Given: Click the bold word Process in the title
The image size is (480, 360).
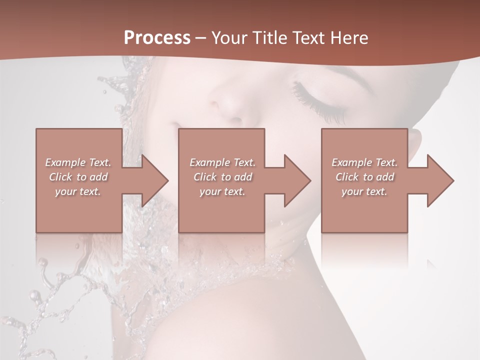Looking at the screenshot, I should tap(157, 38).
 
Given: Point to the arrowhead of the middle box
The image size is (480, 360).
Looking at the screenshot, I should tap(296, 181).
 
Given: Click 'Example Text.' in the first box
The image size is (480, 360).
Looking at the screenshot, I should tap(78, 162).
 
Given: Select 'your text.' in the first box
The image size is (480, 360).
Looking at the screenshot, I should tap(78, 191).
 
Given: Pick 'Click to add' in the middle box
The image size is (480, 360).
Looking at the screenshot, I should tap(222, 177).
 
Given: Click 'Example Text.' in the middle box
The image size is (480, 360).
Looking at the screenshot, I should tap(222, 162).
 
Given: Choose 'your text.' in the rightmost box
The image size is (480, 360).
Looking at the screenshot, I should tap(364, 191).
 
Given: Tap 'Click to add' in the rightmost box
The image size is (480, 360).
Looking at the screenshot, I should tap(364, 177).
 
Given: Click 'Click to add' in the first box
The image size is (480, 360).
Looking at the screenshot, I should tap(78, 177).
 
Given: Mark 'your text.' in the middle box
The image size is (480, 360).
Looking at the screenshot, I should tap(222, 191).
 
